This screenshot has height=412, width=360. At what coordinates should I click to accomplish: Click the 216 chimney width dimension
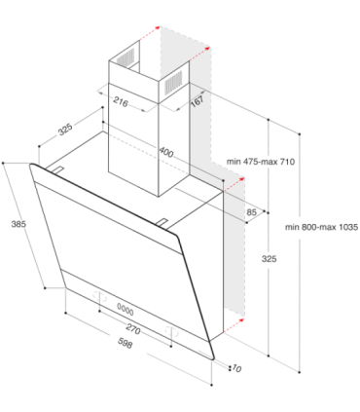[121, 102]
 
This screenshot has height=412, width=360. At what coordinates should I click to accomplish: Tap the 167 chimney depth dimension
[198, 100]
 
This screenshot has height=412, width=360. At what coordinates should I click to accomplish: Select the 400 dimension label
[166, 152]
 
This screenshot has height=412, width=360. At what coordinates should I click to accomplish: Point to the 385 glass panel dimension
[18, 224]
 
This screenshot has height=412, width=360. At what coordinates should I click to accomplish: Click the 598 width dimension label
[125, 344]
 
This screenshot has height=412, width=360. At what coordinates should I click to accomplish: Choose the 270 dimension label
[133, 329]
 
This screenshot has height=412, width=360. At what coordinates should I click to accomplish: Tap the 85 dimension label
[251, 212]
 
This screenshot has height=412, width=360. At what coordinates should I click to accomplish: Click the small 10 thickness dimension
[236, 369]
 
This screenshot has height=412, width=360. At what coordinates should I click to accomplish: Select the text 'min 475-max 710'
[261, 162]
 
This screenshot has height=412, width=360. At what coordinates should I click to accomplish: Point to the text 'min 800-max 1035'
[322, 227]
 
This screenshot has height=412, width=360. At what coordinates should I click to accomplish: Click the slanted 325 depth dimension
[65, 130]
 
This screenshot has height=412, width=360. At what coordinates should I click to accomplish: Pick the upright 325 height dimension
[270, 259]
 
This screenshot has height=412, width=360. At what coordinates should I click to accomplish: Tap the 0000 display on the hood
[126, 311]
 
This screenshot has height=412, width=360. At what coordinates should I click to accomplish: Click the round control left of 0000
[99, 296]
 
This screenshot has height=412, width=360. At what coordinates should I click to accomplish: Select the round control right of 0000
[171, 331]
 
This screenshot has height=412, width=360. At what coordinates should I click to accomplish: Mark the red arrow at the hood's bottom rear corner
[234, 325]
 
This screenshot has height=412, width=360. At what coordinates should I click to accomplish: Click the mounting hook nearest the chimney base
[162, 222]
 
